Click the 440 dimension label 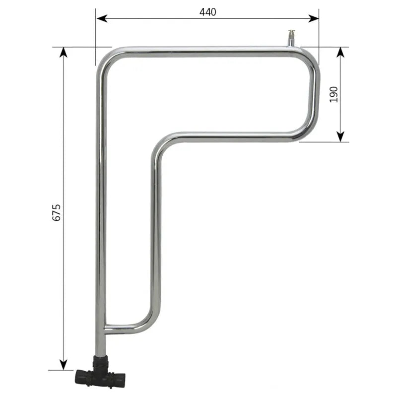[207, 12]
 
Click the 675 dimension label [57, 212]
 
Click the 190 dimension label [333, 94]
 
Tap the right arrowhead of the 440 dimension [314, 18]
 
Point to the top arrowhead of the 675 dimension [64, 53]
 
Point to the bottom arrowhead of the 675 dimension [64, 365]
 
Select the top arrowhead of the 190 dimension [341, 53]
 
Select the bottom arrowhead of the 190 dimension [341, 136]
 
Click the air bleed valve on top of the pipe [291, 38]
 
